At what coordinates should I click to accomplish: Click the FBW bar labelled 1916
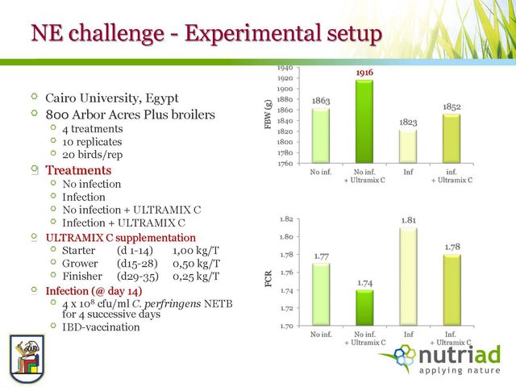point(364,122)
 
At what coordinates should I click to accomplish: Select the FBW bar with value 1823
point(408,147)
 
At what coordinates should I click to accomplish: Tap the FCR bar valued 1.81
point(409,277)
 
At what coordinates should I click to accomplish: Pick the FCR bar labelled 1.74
point(364,308)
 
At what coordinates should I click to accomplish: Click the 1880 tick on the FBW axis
point(285,99)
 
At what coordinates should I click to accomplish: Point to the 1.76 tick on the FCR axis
point(286,273)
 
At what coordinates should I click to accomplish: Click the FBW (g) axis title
point(268,114)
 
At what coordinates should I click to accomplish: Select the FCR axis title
point(268,279)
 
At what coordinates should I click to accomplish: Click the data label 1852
point(451,106)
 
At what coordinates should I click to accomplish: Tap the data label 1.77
point(321,256)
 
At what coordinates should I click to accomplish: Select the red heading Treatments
point(78,170)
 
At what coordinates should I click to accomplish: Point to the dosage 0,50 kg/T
point(196,264)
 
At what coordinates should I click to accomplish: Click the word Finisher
point(82,276)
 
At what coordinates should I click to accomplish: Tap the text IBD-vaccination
point(101,327)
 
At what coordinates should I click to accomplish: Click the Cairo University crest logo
point(27,359)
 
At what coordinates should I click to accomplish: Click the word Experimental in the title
point(252,34)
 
